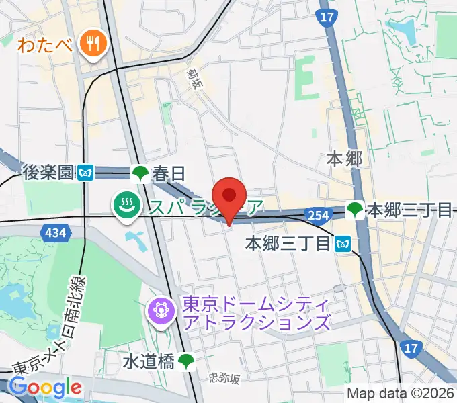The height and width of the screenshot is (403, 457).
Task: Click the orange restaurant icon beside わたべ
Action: [x=89, y=44]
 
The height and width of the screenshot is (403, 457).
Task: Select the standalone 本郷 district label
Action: [x=344, y=159]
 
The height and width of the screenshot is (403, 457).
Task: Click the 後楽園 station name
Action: [x=46, y=173]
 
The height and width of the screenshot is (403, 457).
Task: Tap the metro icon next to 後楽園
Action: [x=85, y=173]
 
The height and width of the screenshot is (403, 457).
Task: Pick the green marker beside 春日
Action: [x=140, y=174]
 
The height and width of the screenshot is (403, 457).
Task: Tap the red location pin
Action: [x=230, y=197]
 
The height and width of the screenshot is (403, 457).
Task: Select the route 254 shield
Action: [x=319, y=214]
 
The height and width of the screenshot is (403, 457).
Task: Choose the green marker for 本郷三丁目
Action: [x=354, y=210]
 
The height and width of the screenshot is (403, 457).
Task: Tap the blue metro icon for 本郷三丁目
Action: [x=344, y=242]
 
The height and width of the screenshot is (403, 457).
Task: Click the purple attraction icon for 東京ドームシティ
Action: [x=161, y=310]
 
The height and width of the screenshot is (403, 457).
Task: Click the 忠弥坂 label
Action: [x=224, y=379]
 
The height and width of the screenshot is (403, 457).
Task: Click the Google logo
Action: [x=45, y=387]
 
